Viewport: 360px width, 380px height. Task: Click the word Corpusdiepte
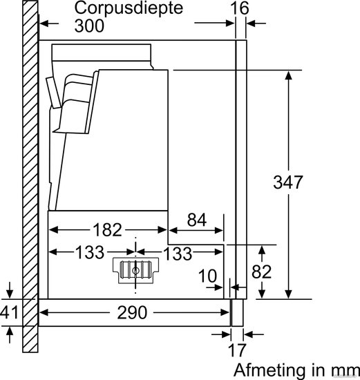click(129, 9)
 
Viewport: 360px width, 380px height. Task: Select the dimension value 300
click(89, 26)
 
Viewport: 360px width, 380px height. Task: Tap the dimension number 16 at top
click(240, 8)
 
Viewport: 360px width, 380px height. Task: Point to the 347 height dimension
click(288, 182)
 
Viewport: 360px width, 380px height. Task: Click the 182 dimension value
click(107, 230)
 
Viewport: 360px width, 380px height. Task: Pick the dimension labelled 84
click(197, 220)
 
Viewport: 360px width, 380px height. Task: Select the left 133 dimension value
click(90, 252)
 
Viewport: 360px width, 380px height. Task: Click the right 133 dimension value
click(178, 254)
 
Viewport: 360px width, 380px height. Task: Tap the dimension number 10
click(207, 276)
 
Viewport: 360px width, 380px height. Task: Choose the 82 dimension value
click(261, 272)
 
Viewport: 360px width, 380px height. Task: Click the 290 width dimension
click(132, 312)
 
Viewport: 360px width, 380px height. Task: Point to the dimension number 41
click(9, 312)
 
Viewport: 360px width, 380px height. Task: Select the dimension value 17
click(237, 350)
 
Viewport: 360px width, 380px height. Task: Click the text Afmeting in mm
click(296, 370)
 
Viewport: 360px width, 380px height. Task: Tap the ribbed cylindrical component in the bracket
click(135, 269)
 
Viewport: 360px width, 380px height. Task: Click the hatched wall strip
click(30, 176)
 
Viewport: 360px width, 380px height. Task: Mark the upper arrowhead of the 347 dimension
click(288, 75)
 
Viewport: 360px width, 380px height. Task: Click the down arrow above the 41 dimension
click(9, 290)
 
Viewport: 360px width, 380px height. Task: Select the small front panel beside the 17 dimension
click(237, 312)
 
